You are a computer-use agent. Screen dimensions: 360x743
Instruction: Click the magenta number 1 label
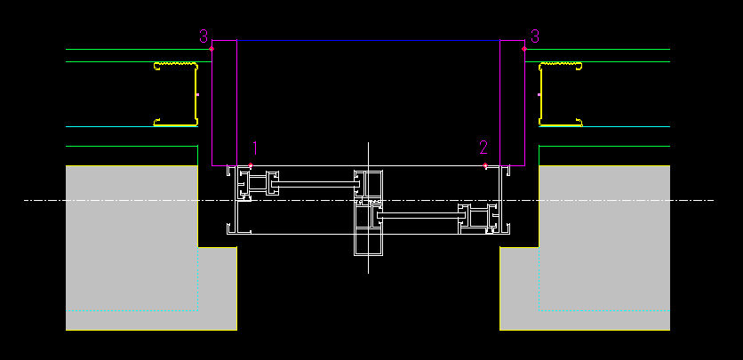click(254, 148)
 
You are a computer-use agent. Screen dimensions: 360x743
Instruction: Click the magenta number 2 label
click(483, 148)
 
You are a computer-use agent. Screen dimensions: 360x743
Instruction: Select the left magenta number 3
click(204, 36)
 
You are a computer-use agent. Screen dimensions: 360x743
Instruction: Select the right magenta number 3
click(534, 36)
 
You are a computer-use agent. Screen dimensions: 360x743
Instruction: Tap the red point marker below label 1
click(252, 165)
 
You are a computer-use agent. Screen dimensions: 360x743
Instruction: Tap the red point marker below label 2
click(485, 165)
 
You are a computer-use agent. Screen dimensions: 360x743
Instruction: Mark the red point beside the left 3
click(212, 49)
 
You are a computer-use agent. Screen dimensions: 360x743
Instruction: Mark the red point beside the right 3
click(524, 49)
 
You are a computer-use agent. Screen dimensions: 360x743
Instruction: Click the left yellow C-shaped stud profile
click(177, 93)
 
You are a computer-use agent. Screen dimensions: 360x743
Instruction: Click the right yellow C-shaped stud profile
click(559, 93)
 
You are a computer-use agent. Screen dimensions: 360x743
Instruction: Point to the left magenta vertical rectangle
click(224, 102)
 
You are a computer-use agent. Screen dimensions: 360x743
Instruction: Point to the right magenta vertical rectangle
click(513, 102)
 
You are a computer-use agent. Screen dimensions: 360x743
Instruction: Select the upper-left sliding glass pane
click(316, 185)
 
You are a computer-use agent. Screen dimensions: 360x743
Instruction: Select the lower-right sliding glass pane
click(418, 215)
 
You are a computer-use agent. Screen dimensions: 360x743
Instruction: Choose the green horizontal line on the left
click(132, 146)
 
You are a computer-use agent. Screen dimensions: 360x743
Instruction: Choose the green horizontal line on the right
click(604, 146)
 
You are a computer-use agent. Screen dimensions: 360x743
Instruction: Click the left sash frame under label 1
click(258, 185)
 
